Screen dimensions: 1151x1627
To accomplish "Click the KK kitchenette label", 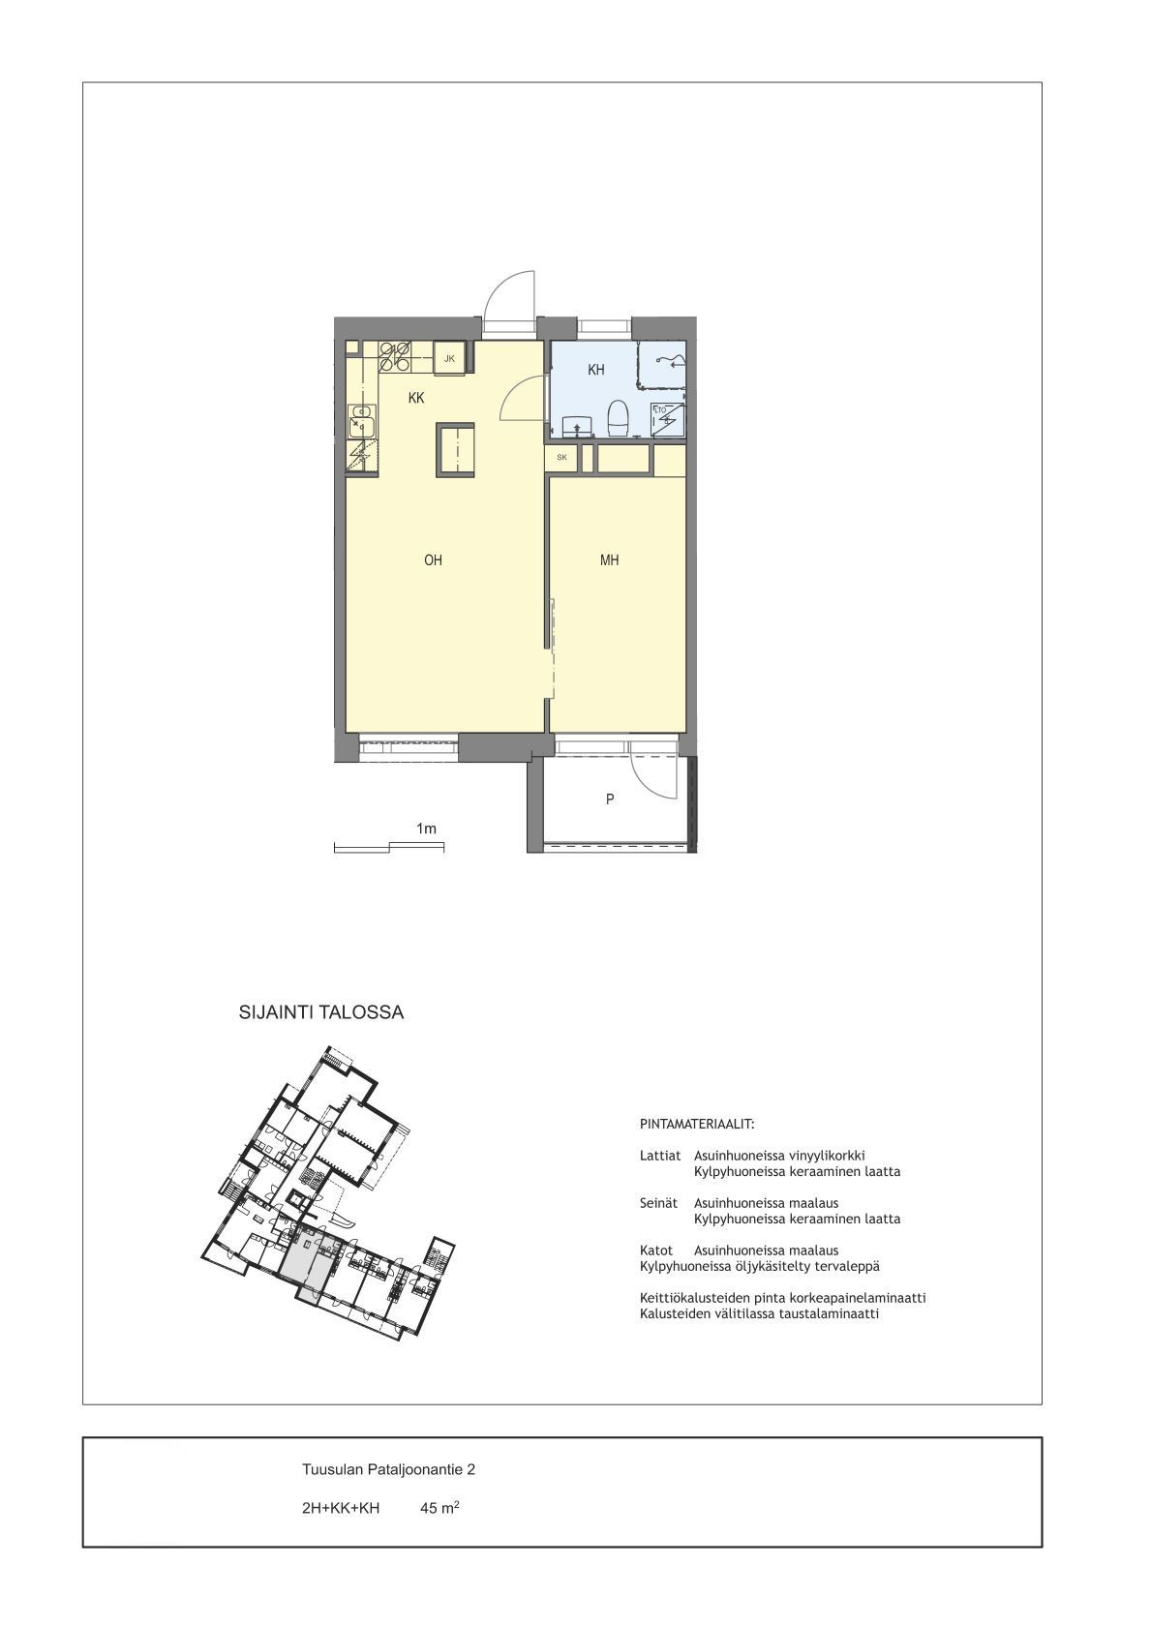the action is coord(415,398).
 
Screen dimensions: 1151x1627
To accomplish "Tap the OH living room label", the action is coord(433,560).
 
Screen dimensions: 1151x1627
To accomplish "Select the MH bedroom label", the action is coord(609,560).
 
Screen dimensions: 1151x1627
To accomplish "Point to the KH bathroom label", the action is coord(596,370).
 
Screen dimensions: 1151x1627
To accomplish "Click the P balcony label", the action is coord(610,798).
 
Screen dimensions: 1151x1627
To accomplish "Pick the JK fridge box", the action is coord(449,359).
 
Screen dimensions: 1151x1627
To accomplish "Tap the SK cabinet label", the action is coord(561,457).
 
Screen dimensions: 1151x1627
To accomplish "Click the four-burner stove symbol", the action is coord(395,356).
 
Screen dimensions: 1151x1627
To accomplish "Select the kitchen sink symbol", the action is coord(361,421).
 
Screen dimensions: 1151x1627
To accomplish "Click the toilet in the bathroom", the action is coord(619,418).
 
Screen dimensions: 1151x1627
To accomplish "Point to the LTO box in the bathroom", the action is coord(669,420).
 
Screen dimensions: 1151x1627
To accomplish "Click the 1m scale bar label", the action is coord(426,829).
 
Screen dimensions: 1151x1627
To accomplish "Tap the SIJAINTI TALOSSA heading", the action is coord(321,1012).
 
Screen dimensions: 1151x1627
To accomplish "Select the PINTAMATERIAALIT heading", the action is coord(697,1125).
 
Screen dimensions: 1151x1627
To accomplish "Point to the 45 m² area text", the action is coord(439,1508).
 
